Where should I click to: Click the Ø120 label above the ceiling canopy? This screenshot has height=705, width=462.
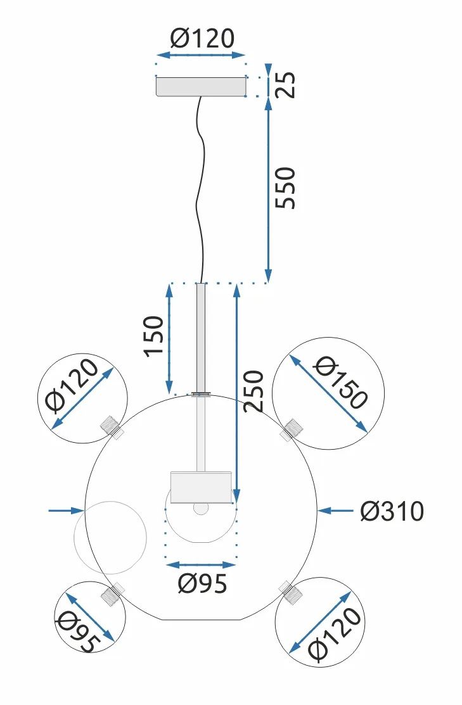[x=202, y=39]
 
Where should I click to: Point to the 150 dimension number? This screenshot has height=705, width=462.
[x=153, y=336]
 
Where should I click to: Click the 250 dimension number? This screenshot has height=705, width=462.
[x=253, y=391]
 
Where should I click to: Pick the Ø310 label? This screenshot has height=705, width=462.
[x=391, y=511]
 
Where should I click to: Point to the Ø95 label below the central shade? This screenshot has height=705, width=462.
[x=202, y=583]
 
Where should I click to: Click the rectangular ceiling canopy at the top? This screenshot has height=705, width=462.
[x=201, y=87]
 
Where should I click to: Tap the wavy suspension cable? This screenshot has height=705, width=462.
[x=200, y=190]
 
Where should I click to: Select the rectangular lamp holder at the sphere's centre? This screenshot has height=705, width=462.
[x=200, y=486]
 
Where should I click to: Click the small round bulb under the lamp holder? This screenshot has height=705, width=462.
[x=201, y=508]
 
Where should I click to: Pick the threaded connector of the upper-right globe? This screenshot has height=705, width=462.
[x=291, y=429]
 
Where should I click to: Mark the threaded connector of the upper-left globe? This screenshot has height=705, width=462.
[x=111, y=426]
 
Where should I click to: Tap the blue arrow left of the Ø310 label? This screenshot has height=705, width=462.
[x=335, y=510]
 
